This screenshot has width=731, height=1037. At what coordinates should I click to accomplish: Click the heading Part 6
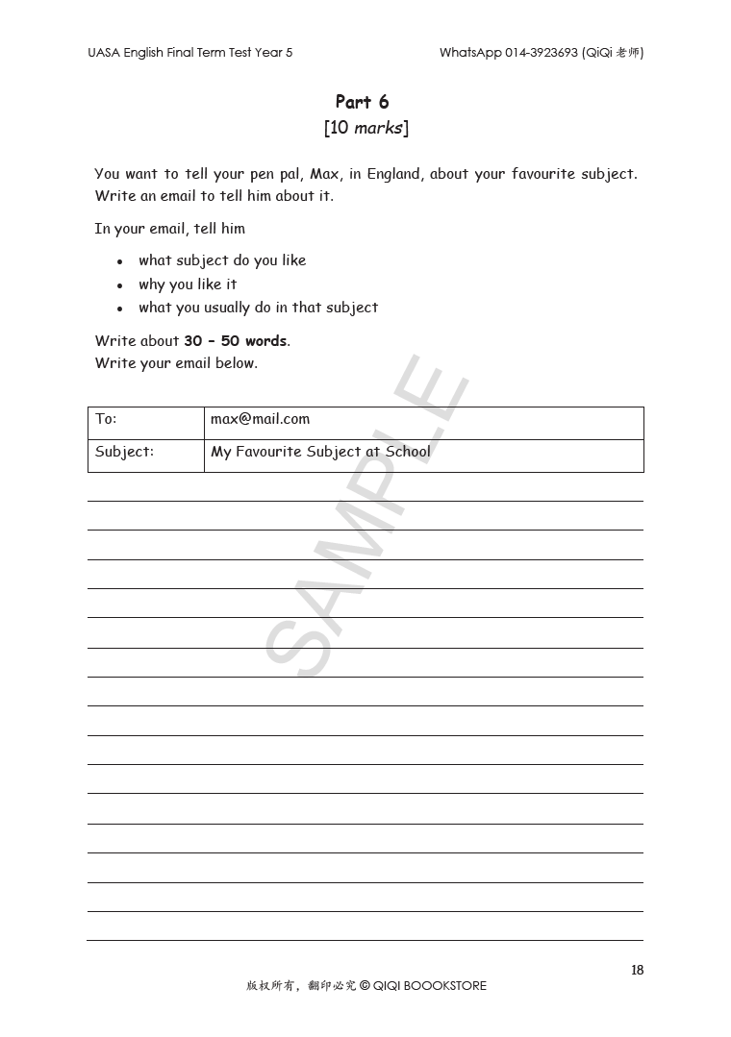click(x=362, y=102)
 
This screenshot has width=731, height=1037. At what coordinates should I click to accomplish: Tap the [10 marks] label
click(x=365, y=128)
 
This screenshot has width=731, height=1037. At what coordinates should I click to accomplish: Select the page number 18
click(x=637, y=970)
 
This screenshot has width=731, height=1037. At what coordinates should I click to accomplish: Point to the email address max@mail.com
click(x=260, y=419)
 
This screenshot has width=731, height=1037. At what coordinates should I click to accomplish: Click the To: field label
click(x=106, y=419)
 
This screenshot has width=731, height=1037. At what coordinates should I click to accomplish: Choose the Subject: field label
click(x=124, y=452)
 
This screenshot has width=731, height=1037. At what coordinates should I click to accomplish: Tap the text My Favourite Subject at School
click(x=320, y=452)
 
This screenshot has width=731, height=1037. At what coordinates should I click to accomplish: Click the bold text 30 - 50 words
click(x=236, y=341)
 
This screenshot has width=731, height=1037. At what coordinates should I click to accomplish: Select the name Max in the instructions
click(x=324, y=174)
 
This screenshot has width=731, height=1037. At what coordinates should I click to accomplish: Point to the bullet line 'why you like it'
click(x=188, y=284)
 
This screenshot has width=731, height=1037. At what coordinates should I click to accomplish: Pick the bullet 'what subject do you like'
click(x=222, y=260)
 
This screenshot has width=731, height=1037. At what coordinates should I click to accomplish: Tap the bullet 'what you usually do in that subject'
click(x=258, y=308)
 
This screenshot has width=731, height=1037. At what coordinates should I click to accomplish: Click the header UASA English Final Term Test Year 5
click(x=189, y=53)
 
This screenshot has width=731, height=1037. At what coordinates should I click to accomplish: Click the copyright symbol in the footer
click(x=365, y=985)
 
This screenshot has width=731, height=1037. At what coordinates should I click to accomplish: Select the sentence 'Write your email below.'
click(x=176, y=363)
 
